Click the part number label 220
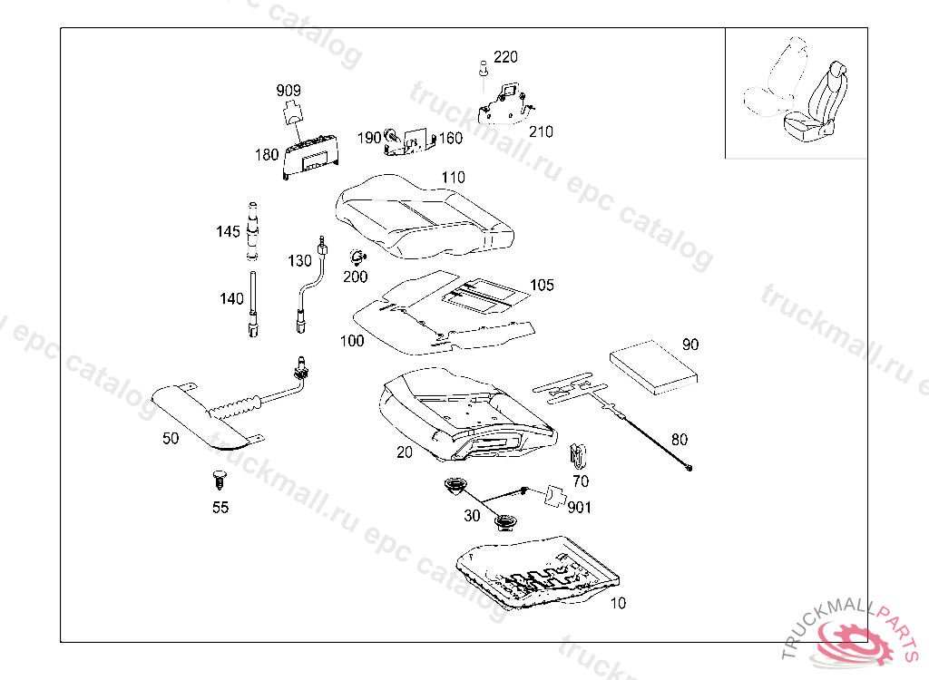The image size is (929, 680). pyautogui.click(x=505, y=57)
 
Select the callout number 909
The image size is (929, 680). pyautogui.click(x=288, y=91)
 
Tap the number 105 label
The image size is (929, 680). pyautogui.click(x=542, y=286)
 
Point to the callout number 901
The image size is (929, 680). pyautogui.click(x=579, y=508)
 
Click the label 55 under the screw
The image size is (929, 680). pyautogui.click(x=220, y=508)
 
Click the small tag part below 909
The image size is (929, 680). pyautogui.click(x=292, y=112)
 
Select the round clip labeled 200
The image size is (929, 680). pyautogui.click(x=357, y=257)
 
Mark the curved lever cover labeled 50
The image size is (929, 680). pyautogui.click(x=200, y=417)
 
